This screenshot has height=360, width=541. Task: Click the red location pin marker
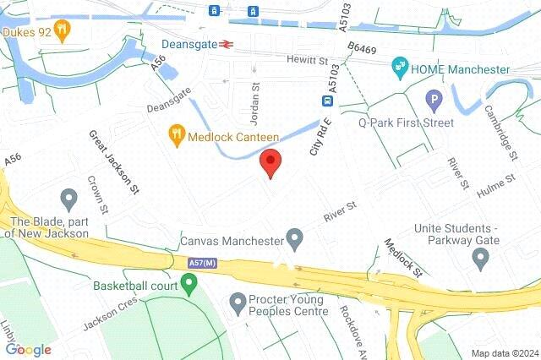[270, 161]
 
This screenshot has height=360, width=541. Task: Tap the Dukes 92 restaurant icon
[63, 30]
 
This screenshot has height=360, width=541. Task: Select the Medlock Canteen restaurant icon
[176, 134]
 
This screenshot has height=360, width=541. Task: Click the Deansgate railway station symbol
[227, 45]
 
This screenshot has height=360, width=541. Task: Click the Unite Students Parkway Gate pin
[481, 259]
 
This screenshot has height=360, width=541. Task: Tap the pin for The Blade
[68, 200]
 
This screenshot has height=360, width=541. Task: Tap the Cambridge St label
[500, 133]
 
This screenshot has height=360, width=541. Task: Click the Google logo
[28, 349]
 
